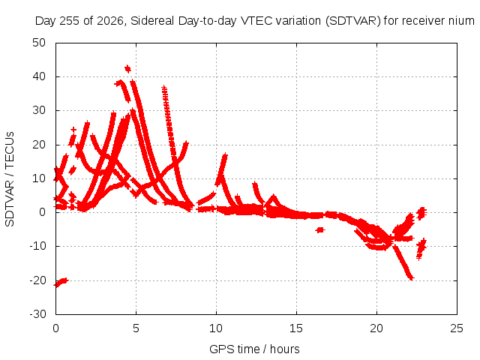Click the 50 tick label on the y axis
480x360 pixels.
pos(39,43)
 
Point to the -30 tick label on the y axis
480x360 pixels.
pos(37,314)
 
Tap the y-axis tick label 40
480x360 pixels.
pos(39,76)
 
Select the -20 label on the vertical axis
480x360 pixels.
pos(37,280)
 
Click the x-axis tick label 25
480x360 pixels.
pos(457,328)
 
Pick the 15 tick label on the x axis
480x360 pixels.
pos(296,328)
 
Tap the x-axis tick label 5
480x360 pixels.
pos(136,328)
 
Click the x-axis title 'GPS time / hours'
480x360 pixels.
pos(254,349)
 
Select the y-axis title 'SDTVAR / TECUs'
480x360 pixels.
pos(10,179)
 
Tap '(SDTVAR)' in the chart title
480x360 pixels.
pos(352,21)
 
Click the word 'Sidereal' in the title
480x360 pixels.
pos(152,21)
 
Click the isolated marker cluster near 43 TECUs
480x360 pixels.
pos(127,69)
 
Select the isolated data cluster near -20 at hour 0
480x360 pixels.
pos(61,282)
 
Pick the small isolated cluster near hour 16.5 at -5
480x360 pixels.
pos(320,229)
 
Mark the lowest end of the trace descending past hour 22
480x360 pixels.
pos(411,278)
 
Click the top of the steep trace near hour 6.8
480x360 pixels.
pos(164,88)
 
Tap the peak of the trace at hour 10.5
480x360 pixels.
pos(225,155)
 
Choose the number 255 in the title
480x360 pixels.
pos(70,21)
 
